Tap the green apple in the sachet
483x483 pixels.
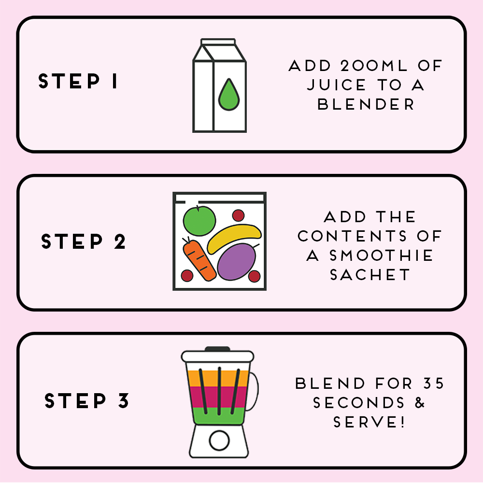(199, 221)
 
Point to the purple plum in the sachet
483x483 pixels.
(236, 261)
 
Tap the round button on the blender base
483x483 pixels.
(219, 440)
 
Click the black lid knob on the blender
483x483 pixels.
(217, 349)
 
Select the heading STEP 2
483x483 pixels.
(84, 241)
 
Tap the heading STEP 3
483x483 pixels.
(87, 401)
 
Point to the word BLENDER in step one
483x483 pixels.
(366, 104)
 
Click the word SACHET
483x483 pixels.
(369, 274)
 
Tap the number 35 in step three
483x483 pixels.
(433, 384)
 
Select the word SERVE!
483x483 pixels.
(369, 422)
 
